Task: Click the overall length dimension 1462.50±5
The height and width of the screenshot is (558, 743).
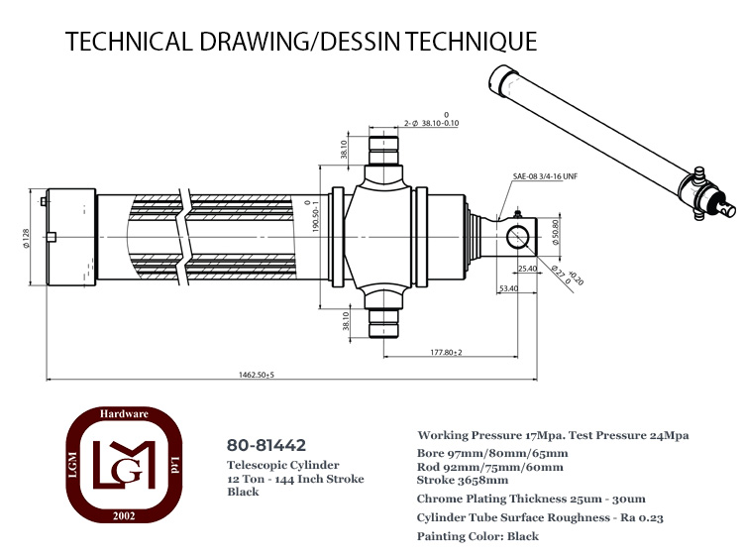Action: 257,375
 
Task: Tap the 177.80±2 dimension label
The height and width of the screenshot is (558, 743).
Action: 446,352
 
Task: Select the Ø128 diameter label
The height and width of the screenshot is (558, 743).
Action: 26,238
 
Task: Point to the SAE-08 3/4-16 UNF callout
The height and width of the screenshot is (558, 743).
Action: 545,176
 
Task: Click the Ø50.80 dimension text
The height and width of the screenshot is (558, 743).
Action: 556,232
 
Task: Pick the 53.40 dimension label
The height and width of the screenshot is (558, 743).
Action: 508,288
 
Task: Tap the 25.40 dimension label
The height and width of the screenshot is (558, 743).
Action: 527,269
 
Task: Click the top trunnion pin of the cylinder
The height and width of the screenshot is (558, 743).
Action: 383,151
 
